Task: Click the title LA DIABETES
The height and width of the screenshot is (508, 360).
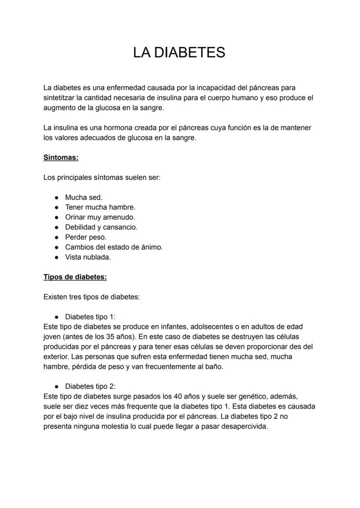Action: coord(179,52)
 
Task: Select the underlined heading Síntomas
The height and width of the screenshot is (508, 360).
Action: coord(61,158)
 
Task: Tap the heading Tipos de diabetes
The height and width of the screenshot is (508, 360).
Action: coord(75,277)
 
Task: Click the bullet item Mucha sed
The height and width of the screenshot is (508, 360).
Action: coord(83,197)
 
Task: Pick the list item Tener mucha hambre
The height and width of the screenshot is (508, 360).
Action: coord(100,207)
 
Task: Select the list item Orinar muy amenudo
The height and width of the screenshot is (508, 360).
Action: coord(100,217)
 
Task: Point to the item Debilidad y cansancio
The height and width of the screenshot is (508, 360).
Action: coord(101,227)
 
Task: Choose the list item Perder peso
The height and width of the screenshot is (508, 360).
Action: coord(86,237)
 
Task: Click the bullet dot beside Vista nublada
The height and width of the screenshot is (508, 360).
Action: coord(57,257)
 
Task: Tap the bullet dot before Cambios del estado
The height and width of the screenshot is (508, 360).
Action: coord(57,247)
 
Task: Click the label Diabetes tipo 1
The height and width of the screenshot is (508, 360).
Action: coord(90,317)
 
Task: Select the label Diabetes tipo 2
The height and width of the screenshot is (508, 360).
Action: coord(90,386)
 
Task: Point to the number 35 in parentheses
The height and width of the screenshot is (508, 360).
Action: coord(110,337)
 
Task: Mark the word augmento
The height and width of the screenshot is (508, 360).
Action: coord(60,108)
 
